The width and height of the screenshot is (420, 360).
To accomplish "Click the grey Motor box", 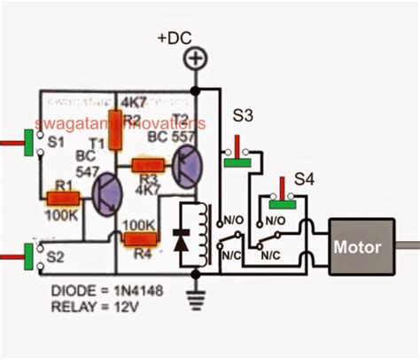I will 359,247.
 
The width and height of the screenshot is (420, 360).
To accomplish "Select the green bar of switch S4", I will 284,203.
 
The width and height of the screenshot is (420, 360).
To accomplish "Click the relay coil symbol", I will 201,233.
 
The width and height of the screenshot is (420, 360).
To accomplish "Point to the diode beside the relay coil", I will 182,235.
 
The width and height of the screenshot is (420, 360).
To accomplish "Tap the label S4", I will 304,178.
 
